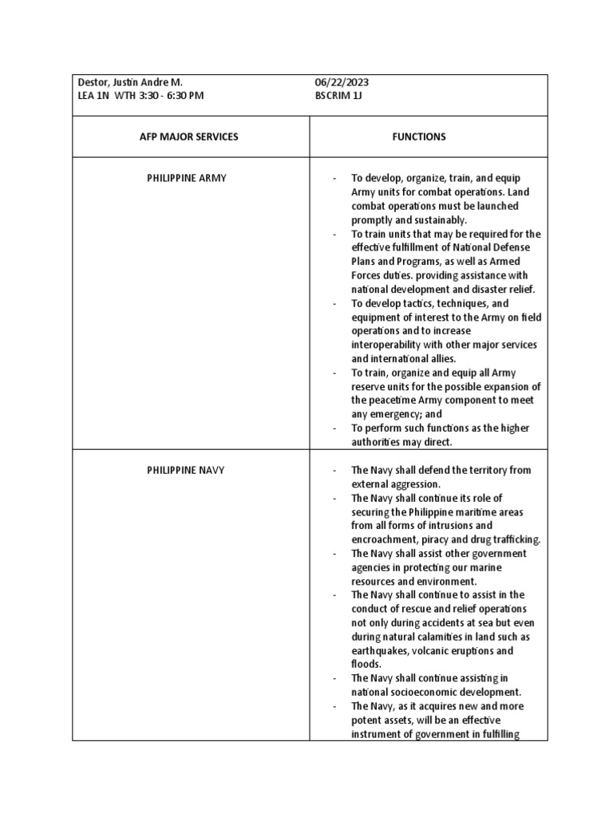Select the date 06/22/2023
(x=342, y=82)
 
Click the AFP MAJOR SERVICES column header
(x=189, y=136)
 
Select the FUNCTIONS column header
(x=419, y=136)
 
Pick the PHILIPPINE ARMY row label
(x=187, y=178)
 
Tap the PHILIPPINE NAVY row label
(x=186, y=470)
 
